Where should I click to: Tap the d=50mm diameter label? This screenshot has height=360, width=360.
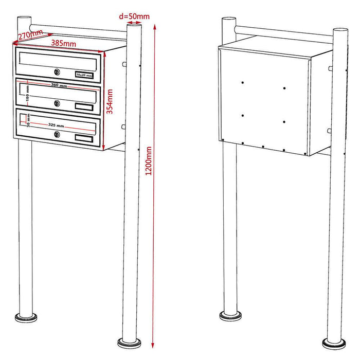tap(134, 16)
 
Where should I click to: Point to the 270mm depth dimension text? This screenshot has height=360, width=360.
tap(30, 36)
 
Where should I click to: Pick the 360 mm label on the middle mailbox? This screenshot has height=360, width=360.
tap(59, 86)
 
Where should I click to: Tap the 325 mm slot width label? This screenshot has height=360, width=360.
tap(53, 125)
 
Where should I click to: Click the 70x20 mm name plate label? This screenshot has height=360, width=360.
tap(83, 75)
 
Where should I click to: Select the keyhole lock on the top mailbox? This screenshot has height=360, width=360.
tap(57, 72)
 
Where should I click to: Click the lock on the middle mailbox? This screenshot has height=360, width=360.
tap(57, 103)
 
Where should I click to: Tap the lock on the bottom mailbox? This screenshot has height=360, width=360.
tap(57, 135)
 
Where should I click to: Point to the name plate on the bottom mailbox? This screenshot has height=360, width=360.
tap(84, 138)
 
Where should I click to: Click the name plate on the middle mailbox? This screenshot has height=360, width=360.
tap(84, 106)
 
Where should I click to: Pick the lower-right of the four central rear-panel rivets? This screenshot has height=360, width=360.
tap(284, 121)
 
